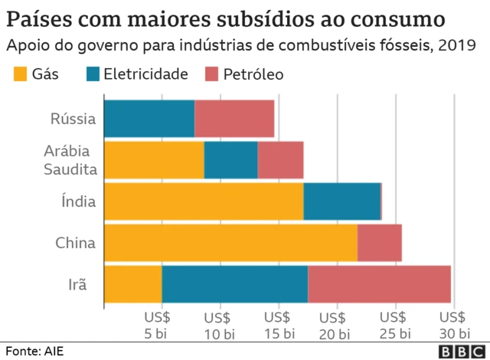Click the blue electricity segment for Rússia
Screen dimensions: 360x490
[x=149, y=119]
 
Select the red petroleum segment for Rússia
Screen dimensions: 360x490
[x=234, y=119]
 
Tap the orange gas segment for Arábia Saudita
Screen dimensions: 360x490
[x=153, y=160]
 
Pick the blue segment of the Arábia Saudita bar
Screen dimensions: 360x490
[x=230, y=160]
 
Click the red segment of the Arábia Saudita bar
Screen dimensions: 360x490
[x=280, y=160]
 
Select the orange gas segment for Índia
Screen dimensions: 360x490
[x=203, y=201]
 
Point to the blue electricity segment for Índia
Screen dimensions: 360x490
[x=341, y=201]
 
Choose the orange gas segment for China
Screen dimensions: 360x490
[x=230, y=243]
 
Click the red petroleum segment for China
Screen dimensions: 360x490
[x=379, y=243]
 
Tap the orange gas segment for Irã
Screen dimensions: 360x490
[x=132, y=284]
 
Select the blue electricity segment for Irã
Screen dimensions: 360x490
[x=234, y=284]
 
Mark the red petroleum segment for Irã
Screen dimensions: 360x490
[x=379, y=284]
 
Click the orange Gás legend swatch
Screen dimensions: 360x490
[x=18, y=74]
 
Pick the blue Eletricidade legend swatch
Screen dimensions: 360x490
[x=93, y=74]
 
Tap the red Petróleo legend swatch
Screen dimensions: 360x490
[x=211, y=74]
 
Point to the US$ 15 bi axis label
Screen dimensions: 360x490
[x=279, y=325]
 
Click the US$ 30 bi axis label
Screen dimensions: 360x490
[x=454, y=325]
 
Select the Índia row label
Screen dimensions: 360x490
[x=78, y=202]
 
